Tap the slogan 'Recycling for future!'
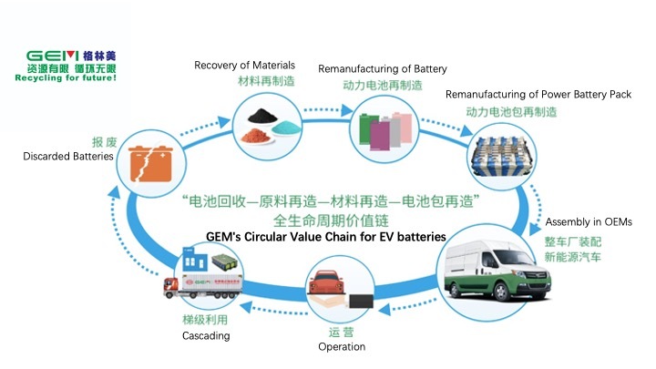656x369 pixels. click(x=66, y=77)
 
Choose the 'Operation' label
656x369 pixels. click(x=342, y=346)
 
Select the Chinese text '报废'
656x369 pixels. click(x=103, y=142)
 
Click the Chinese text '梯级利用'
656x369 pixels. click(x=204, y=320)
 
